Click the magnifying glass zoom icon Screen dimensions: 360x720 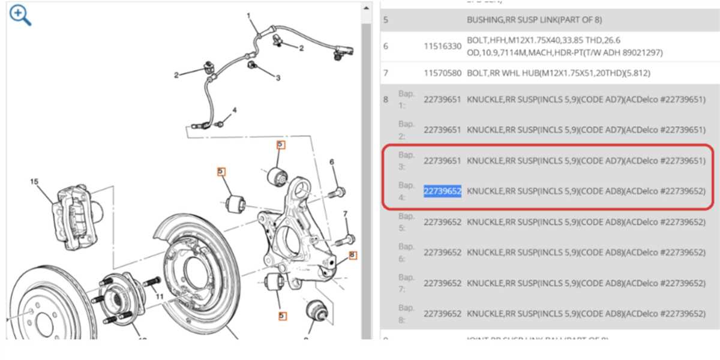pos(20,16)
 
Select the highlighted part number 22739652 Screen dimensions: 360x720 pos(442,191)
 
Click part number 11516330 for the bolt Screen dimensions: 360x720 pos(442,46)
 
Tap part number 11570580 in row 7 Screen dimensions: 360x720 pos(442,73)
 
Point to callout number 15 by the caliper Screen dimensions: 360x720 pos(34,181)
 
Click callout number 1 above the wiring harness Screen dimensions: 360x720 pos(248,15)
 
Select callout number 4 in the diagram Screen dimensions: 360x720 pos(235,110)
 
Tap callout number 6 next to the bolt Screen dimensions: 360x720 pos(331,162)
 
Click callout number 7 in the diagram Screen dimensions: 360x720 pos(345,214)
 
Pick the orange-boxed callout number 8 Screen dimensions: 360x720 pos(352,255)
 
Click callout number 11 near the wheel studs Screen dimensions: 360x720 pos(159,296)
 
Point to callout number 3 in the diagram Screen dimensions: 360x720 pos(278,78)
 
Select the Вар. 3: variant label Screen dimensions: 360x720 pos(406,160)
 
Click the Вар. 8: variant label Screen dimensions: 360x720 pos(406,313)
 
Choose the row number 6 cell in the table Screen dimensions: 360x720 pos(386,46)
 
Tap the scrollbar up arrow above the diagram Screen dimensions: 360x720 pos(366,8)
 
